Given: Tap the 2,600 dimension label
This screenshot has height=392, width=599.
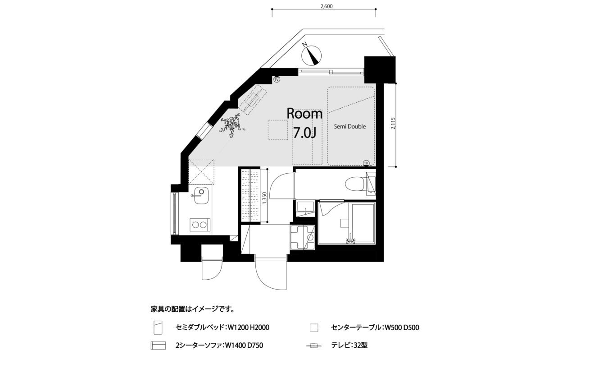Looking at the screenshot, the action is click(327, 6).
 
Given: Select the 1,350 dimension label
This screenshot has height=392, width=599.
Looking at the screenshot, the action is click(264, 198).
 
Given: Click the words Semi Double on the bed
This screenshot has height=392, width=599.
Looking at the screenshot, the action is click(350, 126).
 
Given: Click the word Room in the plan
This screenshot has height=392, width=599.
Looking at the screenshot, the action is click(304, 114).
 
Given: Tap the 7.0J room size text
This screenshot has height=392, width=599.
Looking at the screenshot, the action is click(304, 133).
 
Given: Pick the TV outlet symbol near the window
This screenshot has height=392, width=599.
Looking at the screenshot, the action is click(277, 79).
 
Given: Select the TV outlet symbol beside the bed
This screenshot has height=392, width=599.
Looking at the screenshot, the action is click(366, 163).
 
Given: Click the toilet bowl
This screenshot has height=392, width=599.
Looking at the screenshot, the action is click(354, 184).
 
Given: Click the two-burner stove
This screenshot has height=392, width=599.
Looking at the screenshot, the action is click(200, 225).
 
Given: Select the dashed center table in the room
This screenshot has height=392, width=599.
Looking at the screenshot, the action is click(278, 130).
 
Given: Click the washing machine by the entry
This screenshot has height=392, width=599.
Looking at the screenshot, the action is click(302, 238).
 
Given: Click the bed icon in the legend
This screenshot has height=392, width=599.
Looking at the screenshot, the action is click(158, 327).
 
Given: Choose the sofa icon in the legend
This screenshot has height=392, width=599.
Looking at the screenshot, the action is click(158, 346).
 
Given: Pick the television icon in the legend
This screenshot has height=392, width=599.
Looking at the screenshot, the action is click(314, 346).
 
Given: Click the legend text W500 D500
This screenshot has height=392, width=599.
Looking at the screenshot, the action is click(401, 327).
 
